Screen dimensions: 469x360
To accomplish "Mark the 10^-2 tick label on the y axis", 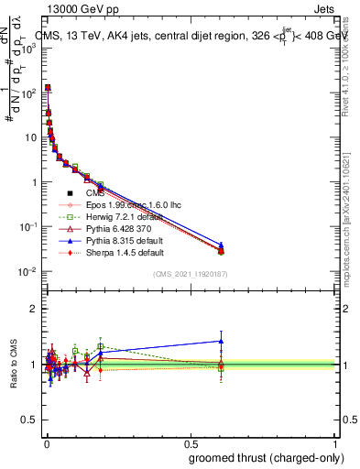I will [27, 271].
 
